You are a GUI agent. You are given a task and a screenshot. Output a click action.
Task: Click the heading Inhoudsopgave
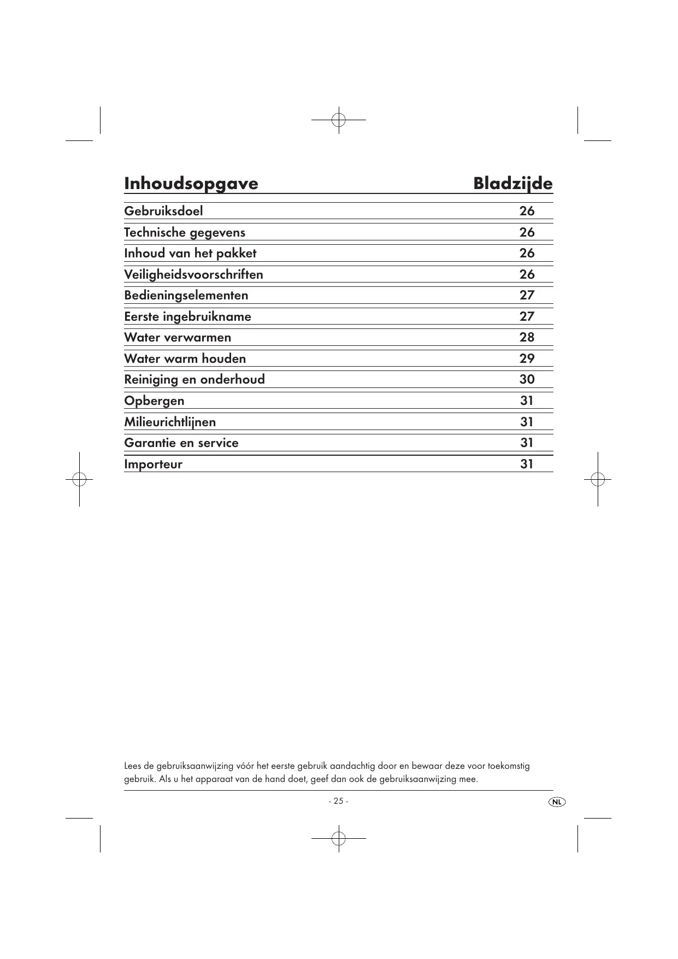[191, 184]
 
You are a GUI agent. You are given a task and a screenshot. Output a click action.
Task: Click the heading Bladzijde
[512, 184]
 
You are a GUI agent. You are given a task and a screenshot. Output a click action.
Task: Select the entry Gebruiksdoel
[163, 211]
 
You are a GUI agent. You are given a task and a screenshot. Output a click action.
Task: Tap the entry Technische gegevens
[185, 233]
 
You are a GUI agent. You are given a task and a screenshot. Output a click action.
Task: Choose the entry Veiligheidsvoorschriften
[193, 274]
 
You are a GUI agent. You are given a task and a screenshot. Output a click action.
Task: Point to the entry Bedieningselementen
[186, 296]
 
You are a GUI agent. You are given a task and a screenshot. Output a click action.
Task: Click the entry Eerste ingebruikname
[187, 317]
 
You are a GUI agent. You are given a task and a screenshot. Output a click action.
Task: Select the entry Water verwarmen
[178, 338]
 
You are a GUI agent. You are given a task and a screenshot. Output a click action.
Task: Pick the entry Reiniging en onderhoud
[194, 380]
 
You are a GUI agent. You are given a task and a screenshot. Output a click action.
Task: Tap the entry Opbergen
[154, 401]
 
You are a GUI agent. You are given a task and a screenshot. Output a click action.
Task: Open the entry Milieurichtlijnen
[170, 422]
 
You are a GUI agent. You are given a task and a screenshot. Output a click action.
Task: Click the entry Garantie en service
[181, 443]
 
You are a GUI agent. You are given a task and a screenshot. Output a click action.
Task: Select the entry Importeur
[153, 464]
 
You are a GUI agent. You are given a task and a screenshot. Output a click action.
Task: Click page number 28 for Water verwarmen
[527, 338]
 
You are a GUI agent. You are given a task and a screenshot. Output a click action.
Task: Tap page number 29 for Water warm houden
[527, 359]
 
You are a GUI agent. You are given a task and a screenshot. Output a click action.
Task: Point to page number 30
[527, 380]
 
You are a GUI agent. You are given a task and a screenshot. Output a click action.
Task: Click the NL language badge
[557, 802]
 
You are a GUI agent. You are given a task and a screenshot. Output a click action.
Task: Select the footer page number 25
[338, 801]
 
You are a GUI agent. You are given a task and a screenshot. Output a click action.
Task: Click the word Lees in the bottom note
[132, 766]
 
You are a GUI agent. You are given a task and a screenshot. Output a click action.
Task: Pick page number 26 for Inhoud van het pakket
[527, 254]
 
